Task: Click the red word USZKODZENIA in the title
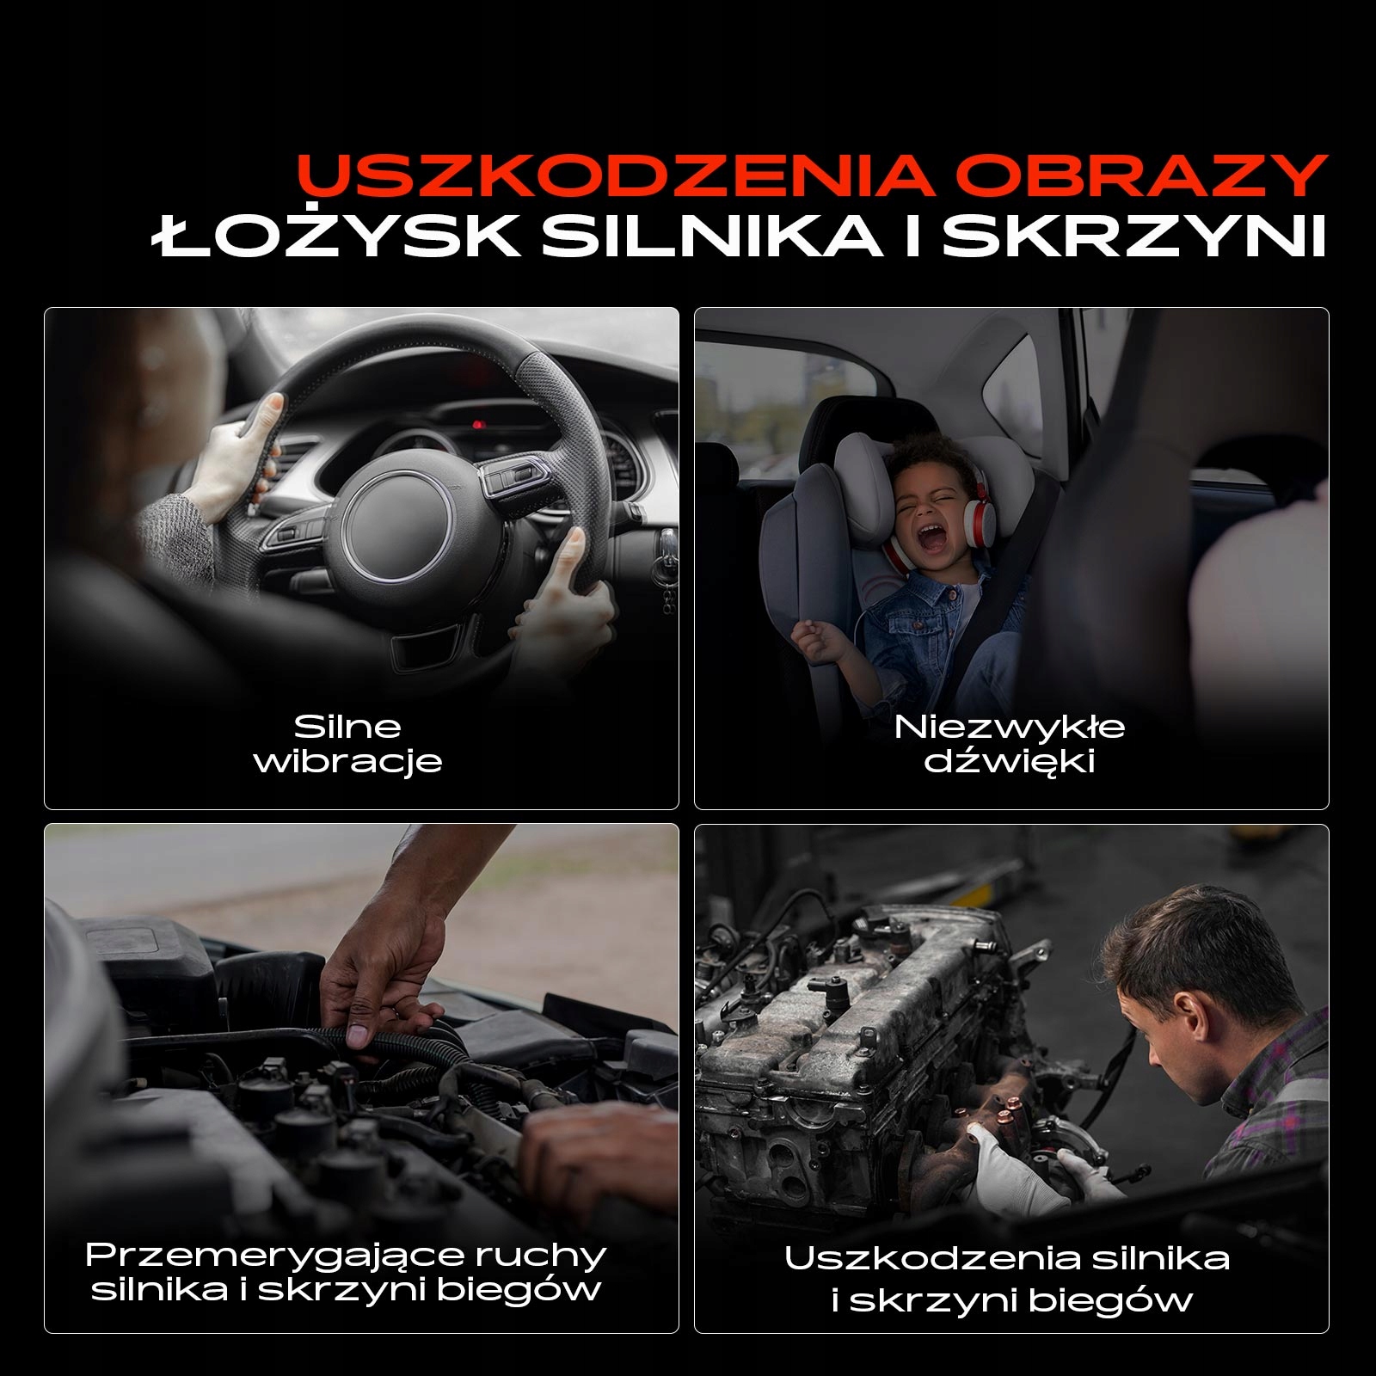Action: tap(615, 175)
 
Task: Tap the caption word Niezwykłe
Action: tap(1010, 727)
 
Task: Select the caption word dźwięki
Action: tap(1010, 761)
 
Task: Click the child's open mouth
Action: tap(932, 537)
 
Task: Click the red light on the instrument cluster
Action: tap(478, 424)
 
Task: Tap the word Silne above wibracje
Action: tap(347, 727)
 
